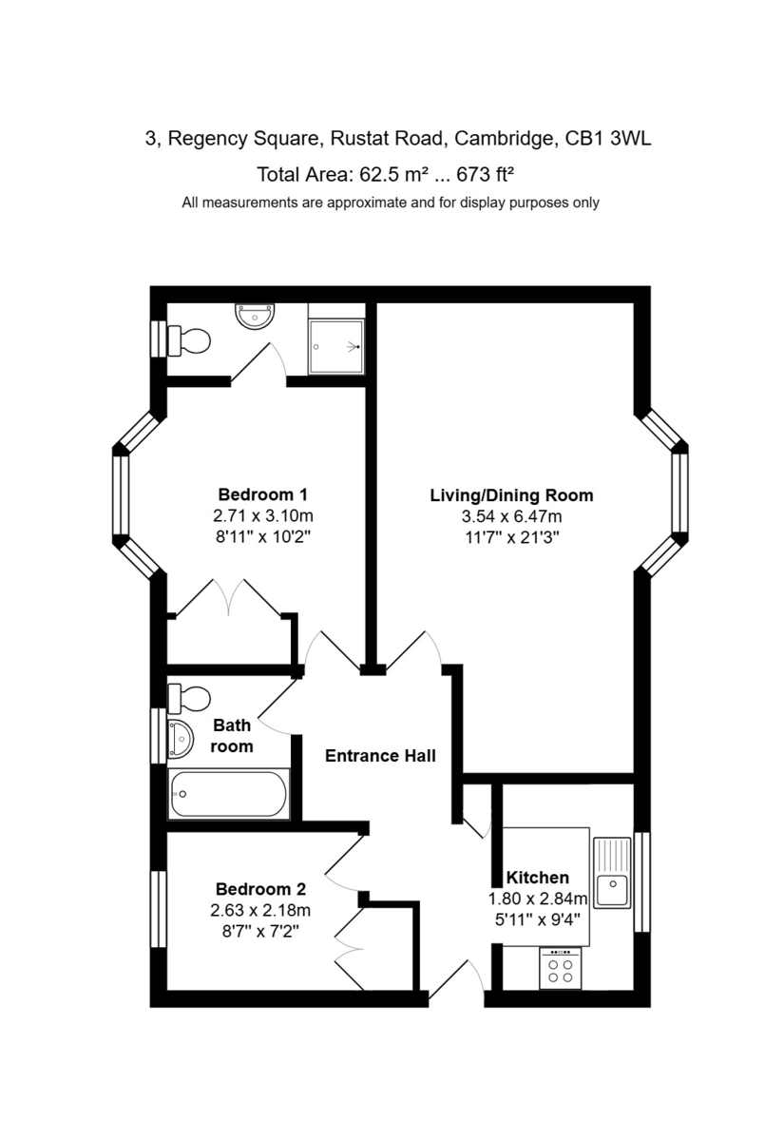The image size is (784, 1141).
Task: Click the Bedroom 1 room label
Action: [262, 494]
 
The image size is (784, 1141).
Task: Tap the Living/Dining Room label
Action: [511, 495]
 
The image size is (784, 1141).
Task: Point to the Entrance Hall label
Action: [380, 755]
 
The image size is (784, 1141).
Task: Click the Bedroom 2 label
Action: [260, 889]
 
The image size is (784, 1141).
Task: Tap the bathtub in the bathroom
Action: [229, 794]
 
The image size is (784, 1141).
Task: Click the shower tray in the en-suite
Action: [336, 346]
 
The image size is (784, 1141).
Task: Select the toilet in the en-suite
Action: [189, 340]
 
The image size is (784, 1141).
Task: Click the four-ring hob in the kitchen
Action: [560, 968]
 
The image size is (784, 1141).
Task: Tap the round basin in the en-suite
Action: [255, 316]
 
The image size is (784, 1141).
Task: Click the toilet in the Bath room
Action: [189, 698]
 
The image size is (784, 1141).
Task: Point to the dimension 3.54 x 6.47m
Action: [511, 516]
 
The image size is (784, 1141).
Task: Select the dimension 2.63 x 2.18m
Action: [260, 910]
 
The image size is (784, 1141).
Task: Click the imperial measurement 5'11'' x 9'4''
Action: [538, 920]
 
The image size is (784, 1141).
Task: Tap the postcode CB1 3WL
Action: [608, 139]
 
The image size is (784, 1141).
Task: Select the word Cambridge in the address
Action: [504, 139]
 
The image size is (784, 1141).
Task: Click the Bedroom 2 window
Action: [159, 909]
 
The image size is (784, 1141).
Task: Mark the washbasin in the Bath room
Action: [181, 740]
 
